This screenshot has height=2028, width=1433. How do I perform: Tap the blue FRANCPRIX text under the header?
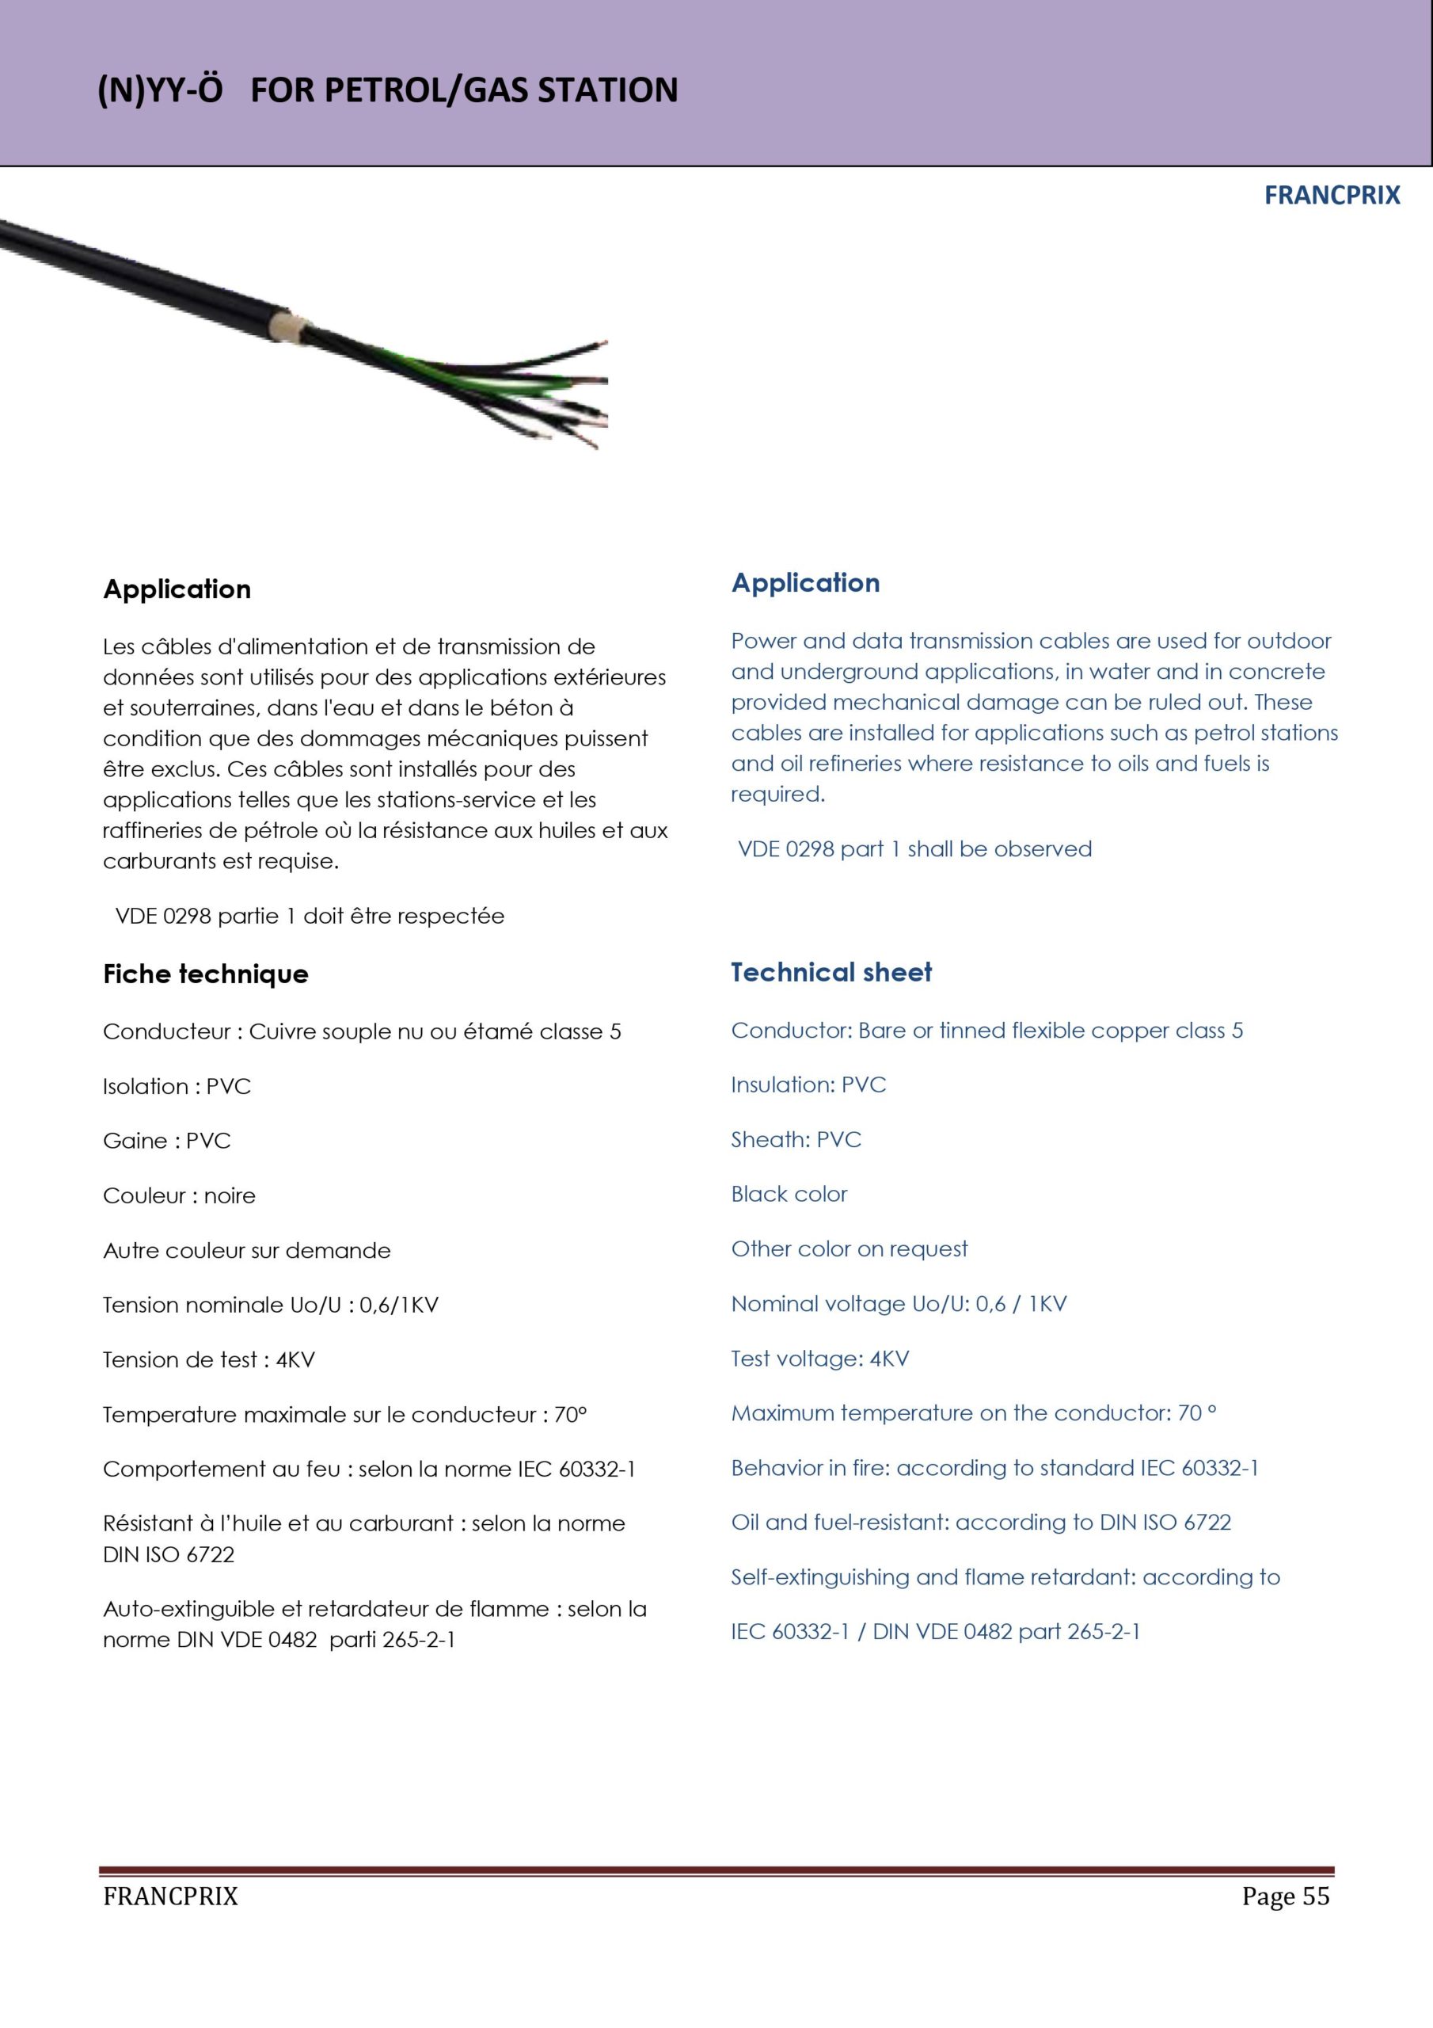point(1332,195)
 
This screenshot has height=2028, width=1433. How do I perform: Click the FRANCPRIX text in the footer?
point(170,1896)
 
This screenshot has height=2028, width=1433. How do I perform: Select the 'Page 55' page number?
point(1285,1896)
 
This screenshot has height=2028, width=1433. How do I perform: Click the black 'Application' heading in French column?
point(177,589)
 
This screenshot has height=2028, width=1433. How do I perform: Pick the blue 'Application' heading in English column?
point(805,583)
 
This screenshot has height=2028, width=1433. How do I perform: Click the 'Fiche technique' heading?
point(206,974)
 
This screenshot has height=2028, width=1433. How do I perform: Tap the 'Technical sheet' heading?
point(831,973)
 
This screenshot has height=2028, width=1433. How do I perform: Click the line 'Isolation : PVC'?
point(177,1086)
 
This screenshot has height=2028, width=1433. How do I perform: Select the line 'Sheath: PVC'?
point(796,1139)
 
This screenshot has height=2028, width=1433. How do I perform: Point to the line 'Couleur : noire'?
point(179,1196)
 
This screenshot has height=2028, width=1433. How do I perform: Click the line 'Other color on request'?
point(849,1249)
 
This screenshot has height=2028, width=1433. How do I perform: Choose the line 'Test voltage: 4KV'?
point(819,1359)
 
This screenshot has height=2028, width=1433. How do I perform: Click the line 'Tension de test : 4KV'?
point(208,1360)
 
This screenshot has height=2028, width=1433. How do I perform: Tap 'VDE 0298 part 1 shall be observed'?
point(914,848)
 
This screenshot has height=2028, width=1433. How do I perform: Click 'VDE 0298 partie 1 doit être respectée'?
point(310,916)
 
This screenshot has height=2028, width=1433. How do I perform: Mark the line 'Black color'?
point(789,1194)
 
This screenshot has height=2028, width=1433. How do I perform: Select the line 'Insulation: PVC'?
point(808,1085)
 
